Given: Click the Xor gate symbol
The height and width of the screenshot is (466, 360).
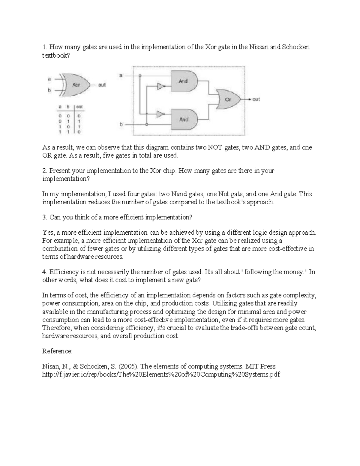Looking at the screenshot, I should (x=76, y=85).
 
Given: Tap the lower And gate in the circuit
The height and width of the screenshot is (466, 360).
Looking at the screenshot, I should (x=184, y=119).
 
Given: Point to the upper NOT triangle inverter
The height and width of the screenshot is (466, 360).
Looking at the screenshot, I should (x=161, y=86).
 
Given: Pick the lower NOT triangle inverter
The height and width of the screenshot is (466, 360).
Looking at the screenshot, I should (x=161, y=114).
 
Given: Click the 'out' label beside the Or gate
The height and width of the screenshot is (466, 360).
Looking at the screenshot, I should (x=256, y=99).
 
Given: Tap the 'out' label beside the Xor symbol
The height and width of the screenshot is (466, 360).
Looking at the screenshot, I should (x=102, y=85).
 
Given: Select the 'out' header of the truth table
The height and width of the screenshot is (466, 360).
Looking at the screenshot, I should (x=79, y=107).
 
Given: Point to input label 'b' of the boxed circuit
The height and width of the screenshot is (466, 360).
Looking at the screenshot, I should (x=121, y=124).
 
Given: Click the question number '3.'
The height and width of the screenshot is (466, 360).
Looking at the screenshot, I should (x=45, y=217).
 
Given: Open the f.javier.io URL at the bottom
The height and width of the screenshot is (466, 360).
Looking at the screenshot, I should (x=161, y=374).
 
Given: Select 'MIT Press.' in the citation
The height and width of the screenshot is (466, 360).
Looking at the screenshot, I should (x=261, y=366).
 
